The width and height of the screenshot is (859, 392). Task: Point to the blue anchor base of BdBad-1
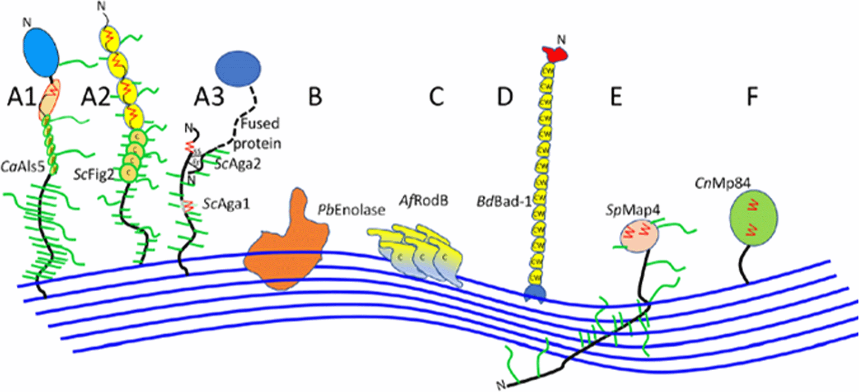(x=535, y=293)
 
